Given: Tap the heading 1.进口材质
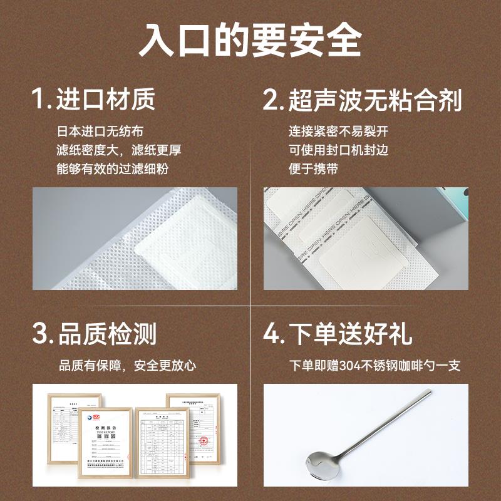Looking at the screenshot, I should [94, 99].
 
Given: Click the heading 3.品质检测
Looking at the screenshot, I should [94, 333].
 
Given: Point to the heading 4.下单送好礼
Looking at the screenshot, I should [338, 333].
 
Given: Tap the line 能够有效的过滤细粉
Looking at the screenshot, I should [113, 168].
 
